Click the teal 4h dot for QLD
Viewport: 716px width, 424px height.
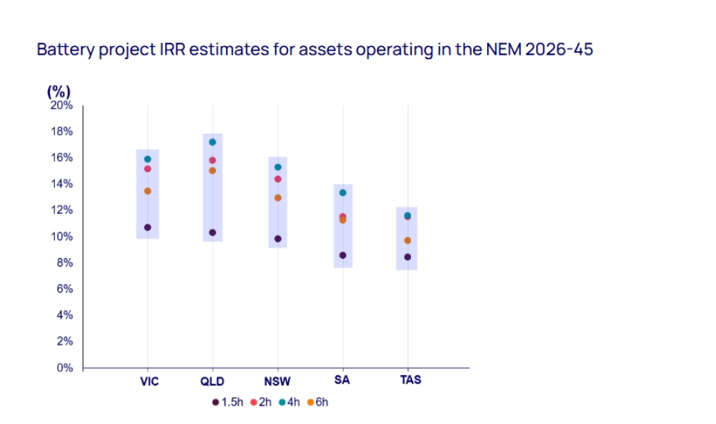213,142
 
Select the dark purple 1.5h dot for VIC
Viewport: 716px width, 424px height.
148,227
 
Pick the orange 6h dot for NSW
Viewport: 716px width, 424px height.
278,197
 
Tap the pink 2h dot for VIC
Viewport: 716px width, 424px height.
148,169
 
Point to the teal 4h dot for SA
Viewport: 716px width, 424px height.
342,192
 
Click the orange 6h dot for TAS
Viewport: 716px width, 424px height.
407,241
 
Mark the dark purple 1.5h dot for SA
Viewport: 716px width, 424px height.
342,255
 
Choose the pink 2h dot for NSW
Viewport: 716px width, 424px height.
278,179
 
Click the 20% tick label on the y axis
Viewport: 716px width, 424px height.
62,105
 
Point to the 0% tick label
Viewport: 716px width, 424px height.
65,368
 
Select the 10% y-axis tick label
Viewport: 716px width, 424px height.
62,236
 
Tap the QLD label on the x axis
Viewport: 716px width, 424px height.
213,381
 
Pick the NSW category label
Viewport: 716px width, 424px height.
278,381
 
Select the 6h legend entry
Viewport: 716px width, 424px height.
318,402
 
